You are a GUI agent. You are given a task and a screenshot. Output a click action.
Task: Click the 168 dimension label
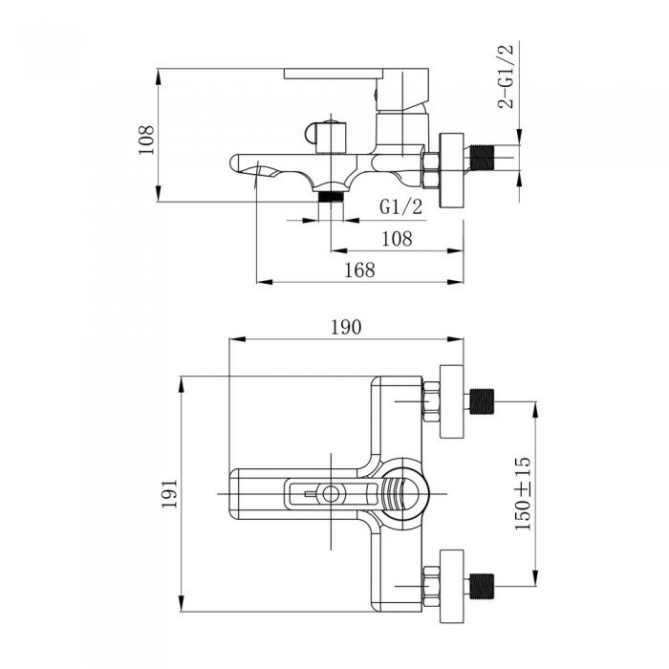359,270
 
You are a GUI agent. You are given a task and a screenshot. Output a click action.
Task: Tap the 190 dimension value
346,327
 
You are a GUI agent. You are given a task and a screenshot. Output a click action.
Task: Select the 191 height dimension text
169,493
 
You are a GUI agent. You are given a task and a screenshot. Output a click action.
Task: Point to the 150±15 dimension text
523,493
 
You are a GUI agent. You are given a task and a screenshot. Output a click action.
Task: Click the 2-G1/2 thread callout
506,76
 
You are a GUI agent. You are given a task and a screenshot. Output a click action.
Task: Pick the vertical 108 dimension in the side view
146,140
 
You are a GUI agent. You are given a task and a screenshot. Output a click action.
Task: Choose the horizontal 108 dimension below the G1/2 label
397,239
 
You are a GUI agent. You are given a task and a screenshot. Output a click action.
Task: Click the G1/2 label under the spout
401,207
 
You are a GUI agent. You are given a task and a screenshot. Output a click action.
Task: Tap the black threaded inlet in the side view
482,157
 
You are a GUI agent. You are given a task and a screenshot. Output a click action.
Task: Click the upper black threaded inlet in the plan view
482,401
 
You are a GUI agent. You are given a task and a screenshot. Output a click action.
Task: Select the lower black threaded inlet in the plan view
482,586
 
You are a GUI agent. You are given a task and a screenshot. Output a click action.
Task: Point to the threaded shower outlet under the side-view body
331,196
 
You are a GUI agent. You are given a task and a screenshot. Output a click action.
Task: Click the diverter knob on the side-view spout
326,137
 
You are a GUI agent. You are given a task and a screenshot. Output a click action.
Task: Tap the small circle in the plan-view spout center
331,494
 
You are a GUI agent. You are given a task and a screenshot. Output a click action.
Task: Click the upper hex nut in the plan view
430,401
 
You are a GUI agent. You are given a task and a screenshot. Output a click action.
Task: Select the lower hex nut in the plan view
430,586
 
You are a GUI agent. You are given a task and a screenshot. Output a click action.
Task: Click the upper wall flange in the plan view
452,401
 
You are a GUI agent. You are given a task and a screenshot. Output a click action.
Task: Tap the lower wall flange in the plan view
452,586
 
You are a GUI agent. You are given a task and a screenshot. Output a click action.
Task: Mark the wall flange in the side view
452,170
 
